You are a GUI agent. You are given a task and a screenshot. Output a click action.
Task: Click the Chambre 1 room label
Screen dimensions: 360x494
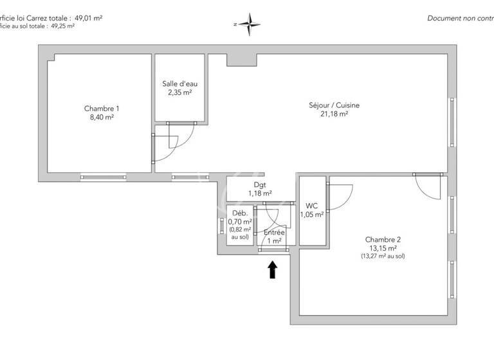tap(102, 109)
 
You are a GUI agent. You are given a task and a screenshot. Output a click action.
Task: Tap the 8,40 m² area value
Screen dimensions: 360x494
tap(102, 118)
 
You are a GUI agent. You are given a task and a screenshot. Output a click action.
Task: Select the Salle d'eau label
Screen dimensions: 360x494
tap(179, 84)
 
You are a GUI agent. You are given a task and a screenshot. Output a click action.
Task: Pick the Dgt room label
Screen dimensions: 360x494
tap(259, 184)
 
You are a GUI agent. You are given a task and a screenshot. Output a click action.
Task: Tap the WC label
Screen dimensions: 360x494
tap(312, 206)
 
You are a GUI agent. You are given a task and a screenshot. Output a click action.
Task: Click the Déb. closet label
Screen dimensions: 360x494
tap(239, 213)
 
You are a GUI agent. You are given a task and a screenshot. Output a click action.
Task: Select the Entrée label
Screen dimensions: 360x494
tap(274, 232)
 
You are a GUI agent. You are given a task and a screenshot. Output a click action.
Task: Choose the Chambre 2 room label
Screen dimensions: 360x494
tap(383, 239)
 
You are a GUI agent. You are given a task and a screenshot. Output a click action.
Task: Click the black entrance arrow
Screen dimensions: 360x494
tap(273, 269)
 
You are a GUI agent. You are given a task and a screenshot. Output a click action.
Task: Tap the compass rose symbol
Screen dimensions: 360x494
tap(249, 24)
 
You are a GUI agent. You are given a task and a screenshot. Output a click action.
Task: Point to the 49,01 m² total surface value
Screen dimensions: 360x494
tap(88, 18)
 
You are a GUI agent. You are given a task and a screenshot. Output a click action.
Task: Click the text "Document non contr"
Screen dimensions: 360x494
tap(460, 18)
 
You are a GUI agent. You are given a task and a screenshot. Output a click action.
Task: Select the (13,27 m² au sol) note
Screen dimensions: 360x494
tap(383, 256)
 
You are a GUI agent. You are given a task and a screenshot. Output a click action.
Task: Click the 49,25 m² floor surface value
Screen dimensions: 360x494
tap(62, 26)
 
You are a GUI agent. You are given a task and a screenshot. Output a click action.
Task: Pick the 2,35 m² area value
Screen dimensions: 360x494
tap(179, 93)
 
